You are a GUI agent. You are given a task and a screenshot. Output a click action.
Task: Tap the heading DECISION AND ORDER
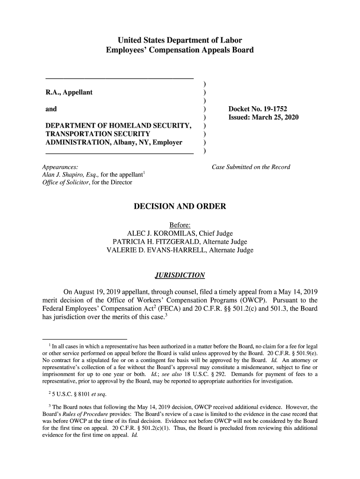tap(180, 206)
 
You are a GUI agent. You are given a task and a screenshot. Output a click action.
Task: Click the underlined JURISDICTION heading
tap(180, 274)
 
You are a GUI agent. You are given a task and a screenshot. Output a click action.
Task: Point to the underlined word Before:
tap(180, 225)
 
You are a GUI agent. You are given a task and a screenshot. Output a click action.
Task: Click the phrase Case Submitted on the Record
tap(251, 167)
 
